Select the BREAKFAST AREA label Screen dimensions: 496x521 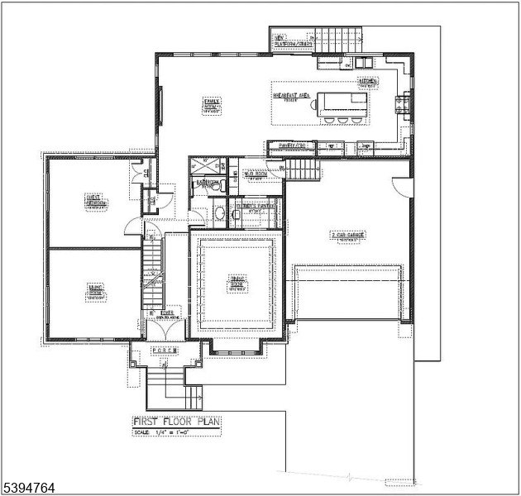(292, 98)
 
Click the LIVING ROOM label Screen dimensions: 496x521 (95, 291)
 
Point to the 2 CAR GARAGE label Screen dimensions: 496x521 (348, 236)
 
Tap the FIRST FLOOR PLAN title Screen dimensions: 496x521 (177, 422)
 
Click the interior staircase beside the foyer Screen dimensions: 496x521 (153, 265)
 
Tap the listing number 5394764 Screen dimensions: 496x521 (28, 488)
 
